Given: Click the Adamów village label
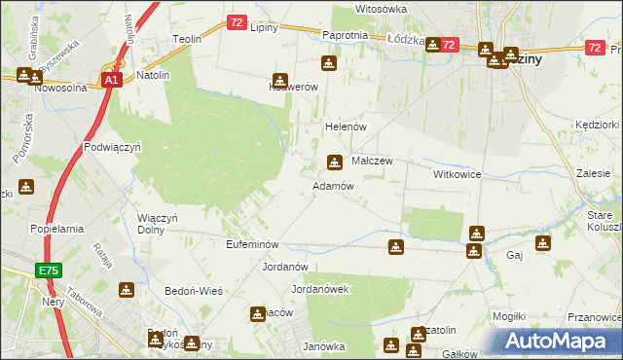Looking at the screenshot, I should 332,185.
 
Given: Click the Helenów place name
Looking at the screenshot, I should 344,127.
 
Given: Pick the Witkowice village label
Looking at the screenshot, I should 458,173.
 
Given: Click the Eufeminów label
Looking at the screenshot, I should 252,244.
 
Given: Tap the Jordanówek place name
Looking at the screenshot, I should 320,289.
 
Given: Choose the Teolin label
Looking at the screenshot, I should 186,39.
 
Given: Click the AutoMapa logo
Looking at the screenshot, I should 559,342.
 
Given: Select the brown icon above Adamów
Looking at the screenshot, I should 335,162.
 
